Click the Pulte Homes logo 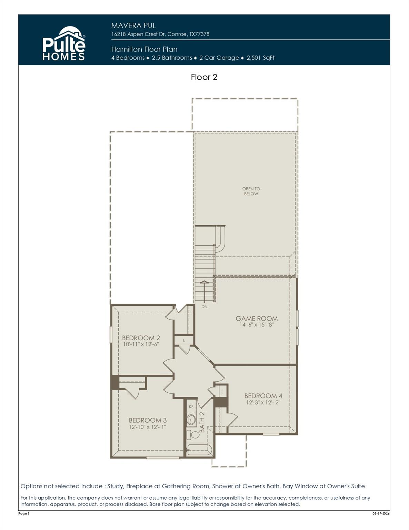click(x=64, y=44)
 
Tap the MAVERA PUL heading click(x=133, y=26)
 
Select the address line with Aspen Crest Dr click(x=160, y=34)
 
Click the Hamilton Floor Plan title click(x=144, y=49)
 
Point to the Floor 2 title click(x=204, y=77)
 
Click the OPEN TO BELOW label click(x=251, y=191)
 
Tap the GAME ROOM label click(x=256, y=318)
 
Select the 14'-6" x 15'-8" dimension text click(x=256, y=325)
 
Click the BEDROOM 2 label click(x=141, y=338)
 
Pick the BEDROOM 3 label click(x=148, y=420)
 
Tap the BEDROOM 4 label click(x=263, y=396)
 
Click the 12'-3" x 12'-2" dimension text click(x=263, y=402)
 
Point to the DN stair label click(x=204, y=306)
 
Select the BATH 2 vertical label click(x=202, y=422)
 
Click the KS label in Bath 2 click(x=191, y=407)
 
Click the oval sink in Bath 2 click(x=191, y=420)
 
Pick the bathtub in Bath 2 click(x=199, y=450)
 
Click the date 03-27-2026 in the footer click(x=381, y=514)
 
